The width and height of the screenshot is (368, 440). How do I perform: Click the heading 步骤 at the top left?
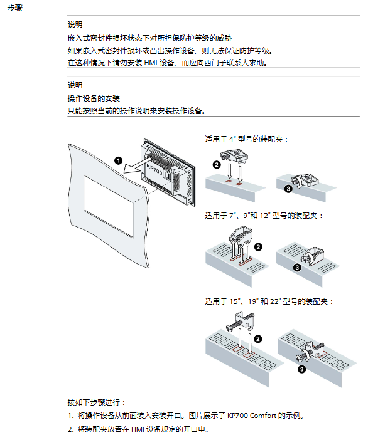click(15, 8)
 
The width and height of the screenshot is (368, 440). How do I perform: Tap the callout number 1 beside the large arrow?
click(118, 160)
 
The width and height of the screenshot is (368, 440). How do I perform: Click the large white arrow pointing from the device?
click(136, 165)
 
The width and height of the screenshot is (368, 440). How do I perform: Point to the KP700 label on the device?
click(154, 169)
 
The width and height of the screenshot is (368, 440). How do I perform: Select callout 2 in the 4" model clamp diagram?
click(217, 165)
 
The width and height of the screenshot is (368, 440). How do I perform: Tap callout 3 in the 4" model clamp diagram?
click(288, 189)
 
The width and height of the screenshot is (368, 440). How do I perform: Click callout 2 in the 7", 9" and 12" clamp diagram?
click(258, 247)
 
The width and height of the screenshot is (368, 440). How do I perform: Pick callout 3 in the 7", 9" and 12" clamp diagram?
click(297, 268)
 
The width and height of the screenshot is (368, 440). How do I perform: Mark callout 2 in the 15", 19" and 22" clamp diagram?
click(258, 339)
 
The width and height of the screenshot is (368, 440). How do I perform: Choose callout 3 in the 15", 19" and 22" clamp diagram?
click(301, 369)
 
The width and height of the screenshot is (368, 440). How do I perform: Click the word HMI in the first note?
click(151, 63)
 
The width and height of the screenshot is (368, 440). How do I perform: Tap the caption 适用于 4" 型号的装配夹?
click(247, 139)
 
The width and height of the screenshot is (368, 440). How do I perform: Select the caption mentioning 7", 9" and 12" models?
click(264, 216)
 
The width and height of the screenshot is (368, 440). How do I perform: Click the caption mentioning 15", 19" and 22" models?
click(269, 301)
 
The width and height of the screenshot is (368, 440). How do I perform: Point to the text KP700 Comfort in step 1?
click(252, 416)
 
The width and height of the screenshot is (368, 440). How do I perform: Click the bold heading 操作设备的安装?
click(94, 98)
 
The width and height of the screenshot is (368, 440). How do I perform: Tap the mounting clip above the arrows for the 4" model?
click(234, 156)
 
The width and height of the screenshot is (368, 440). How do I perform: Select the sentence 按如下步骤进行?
click(96, 402)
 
